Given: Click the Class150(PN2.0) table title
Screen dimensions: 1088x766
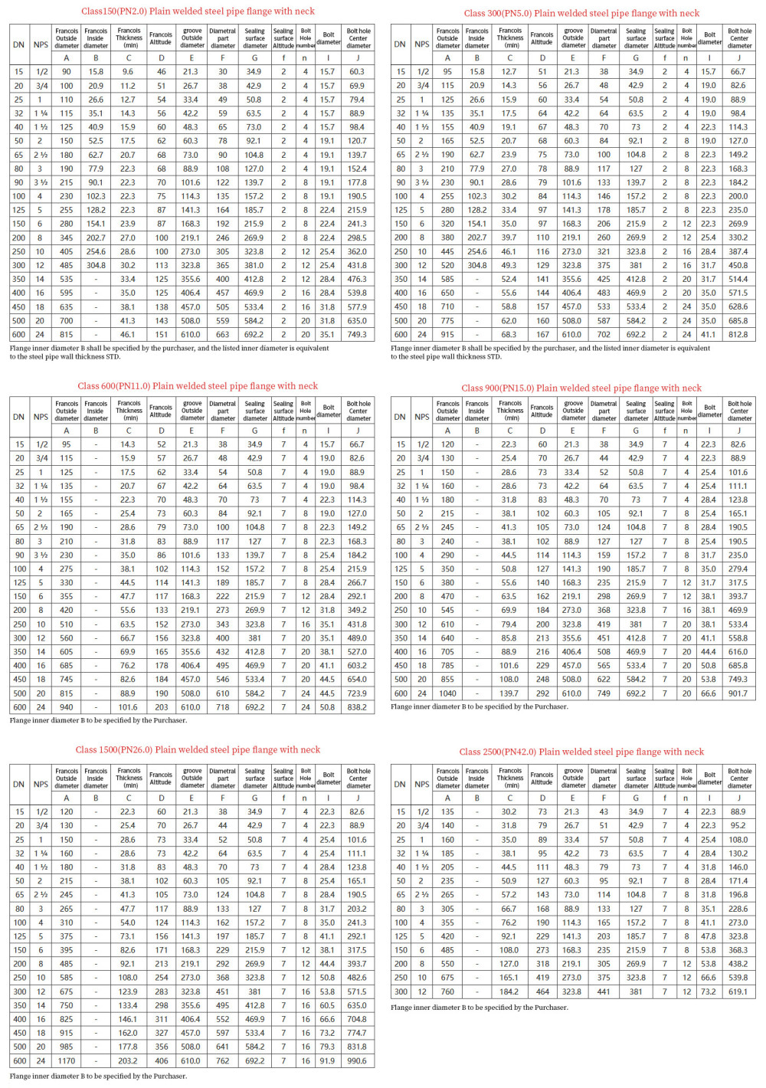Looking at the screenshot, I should pos(198,11).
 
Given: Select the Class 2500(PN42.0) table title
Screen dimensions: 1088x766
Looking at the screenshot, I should pos(581,752).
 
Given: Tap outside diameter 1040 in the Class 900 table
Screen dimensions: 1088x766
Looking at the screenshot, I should pos(447,693).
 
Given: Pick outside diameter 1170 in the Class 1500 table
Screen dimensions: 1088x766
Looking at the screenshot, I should pos(67,1061).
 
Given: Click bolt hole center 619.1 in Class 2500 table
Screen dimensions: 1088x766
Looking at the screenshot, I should pos(738,991).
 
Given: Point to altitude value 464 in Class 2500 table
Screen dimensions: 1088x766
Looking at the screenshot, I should pos(542,991).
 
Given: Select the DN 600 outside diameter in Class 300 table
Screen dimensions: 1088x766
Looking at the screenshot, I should pos(447,334).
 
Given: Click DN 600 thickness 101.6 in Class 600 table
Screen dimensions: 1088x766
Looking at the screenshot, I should pos(128,707).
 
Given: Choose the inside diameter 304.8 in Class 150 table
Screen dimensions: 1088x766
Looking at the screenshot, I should pos(96,265).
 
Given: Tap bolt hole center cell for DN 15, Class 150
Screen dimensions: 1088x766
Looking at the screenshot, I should pos(357,71).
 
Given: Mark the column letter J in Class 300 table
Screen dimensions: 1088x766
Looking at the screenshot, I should pos(738,58).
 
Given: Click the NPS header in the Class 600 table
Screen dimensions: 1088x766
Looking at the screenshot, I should pos(41,417).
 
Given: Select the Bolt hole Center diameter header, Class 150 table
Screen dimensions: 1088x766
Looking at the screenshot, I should pos(358,39).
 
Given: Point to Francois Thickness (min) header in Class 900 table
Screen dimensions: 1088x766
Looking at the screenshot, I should pos(510,411).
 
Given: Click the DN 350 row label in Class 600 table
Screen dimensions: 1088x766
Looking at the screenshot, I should pos(19,652).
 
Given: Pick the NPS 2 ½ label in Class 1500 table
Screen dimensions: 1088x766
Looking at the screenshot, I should pos(41,895).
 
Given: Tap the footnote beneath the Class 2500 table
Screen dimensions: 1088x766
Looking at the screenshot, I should pos(479,1008).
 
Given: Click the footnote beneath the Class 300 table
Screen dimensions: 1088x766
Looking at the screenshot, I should pos(550,352).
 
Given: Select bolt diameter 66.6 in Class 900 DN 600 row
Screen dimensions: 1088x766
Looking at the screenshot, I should pos(709,693).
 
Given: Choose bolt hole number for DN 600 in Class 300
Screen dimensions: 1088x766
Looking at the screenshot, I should pos(686,334).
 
